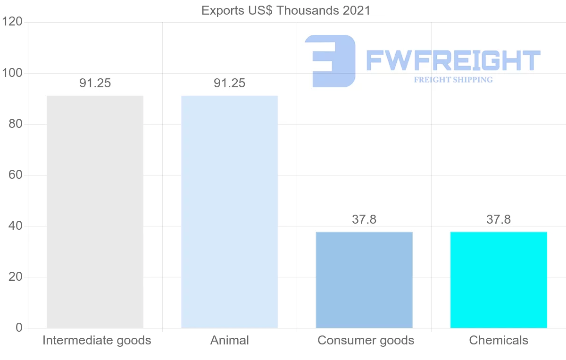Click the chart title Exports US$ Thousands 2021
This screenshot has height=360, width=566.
286,10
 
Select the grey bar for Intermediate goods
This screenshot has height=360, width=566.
95,212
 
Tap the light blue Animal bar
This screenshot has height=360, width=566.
230,212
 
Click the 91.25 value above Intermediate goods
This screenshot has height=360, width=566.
95,83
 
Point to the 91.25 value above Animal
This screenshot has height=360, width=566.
230,83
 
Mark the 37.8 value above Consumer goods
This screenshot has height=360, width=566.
364,219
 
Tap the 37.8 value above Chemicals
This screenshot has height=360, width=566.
499,219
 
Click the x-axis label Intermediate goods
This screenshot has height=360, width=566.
97,340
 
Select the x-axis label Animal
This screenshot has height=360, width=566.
230,340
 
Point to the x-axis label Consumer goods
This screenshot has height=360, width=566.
366,340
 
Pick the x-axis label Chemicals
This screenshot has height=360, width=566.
499,340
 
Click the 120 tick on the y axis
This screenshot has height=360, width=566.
12,22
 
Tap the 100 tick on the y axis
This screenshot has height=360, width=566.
12,73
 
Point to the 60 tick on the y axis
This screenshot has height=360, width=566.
16,175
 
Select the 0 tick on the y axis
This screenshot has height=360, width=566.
19,328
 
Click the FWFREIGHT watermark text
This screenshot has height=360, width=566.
453,60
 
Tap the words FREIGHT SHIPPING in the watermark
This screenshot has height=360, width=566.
453,80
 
